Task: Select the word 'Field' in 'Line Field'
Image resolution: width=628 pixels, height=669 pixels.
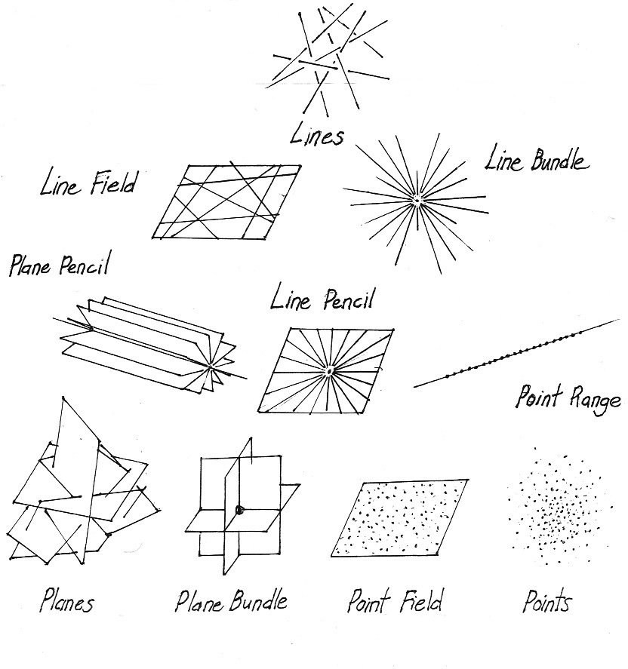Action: click(x=112, y=183)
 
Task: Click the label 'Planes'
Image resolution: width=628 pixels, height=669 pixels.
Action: click(x=68, y=603)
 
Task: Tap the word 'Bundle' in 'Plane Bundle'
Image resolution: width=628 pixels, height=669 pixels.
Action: click(x=254, y=601)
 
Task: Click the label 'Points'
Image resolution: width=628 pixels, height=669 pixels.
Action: click(x=547, y=603)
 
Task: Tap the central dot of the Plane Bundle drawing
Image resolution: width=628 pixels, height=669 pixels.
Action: click(x=239, y=510)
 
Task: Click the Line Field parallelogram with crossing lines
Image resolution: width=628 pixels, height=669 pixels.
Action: click(x=226, y=201)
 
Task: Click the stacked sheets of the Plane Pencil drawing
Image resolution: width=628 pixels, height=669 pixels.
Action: click(x=143, y=344)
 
